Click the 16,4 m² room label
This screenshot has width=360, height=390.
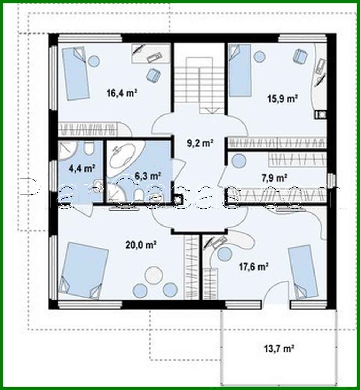[122, 93]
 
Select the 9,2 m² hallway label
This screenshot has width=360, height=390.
[200, 143]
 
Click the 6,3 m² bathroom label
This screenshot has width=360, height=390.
[148, 175]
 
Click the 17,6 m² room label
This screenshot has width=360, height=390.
[252, 266]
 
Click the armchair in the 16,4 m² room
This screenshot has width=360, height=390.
[153, 74]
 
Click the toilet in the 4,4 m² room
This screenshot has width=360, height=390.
[89, 148]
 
